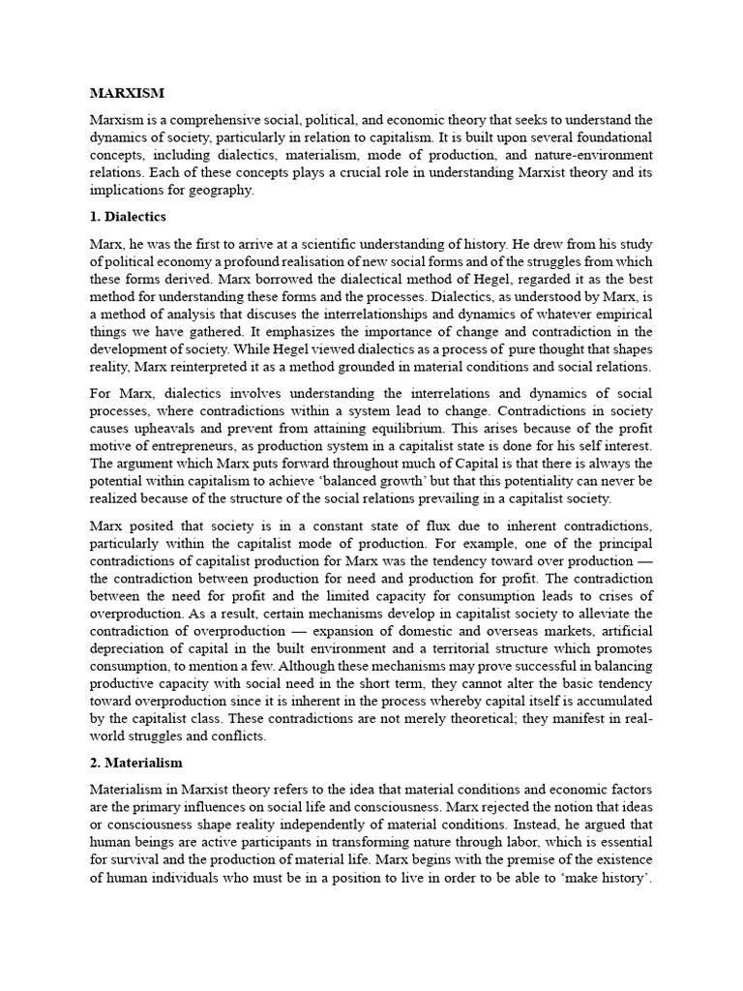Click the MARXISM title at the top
click(127, 93)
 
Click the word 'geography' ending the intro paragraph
click(221, 191)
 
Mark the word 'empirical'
click(621, 314)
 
